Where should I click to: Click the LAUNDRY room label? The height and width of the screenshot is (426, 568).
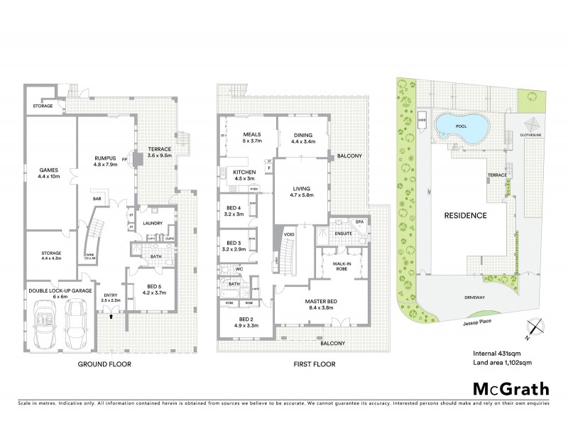point(153,223)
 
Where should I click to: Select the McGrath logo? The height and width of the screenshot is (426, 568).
point(510,388)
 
